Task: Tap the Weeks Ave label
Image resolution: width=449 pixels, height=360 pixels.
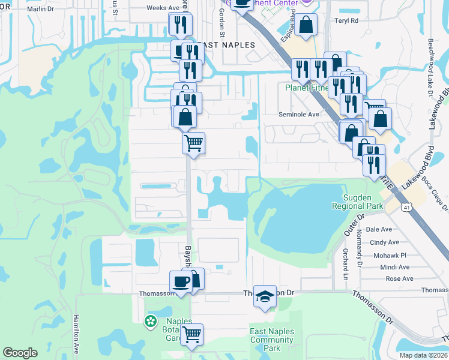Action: point(163,8)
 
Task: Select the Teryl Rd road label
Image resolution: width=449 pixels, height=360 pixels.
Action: point(346,20)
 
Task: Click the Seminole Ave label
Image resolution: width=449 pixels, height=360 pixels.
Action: point(298,114)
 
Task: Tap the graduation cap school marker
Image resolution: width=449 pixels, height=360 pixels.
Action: point(265,296)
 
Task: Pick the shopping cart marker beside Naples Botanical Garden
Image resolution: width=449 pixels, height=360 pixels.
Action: point(192,334)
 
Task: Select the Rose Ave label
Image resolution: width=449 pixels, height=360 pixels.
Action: point(399,278)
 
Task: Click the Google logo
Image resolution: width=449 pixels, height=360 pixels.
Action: point(20,353)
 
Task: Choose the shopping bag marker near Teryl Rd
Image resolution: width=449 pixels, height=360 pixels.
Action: point(306,26)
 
